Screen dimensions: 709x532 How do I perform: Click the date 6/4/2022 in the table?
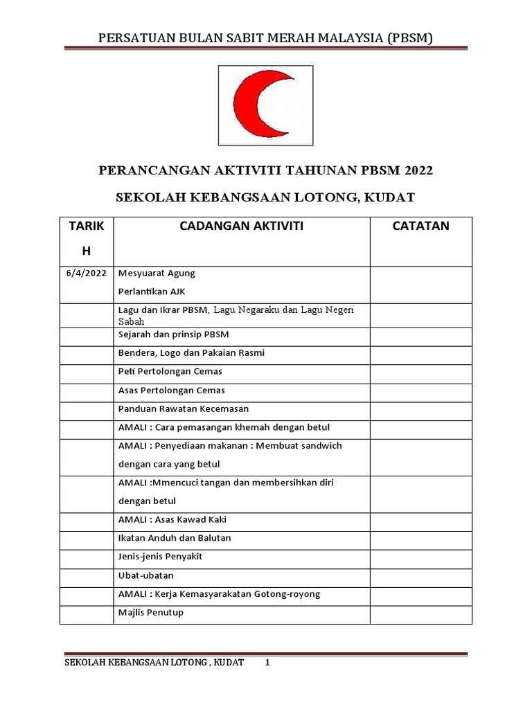coord(86,273)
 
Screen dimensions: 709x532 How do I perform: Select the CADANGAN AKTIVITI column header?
coord(241,226)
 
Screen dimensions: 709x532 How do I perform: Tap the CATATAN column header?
coord(420,226)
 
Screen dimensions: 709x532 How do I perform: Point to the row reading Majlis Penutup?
coord(151,613)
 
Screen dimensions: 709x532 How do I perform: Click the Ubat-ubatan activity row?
coord(146,575)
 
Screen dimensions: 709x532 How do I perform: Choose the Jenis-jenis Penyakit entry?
coord(160,557)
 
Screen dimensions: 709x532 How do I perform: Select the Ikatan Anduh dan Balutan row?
coord(175,538)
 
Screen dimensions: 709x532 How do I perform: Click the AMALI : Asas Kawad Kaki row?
coord(172,519)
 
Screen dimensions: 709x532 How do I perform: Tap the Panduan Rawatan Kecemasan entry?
coord(184,409)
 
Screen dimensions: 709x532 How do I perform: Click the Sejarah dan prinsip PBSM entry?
coord(173,334)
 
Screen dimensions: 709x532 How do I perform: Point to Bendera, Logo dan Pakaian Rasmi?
coord(191,353)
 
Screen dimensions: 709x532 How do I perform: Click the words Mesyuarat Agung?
coord(157,273)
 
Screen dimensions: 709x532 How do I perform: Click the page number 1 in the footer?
coord(267,663)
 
